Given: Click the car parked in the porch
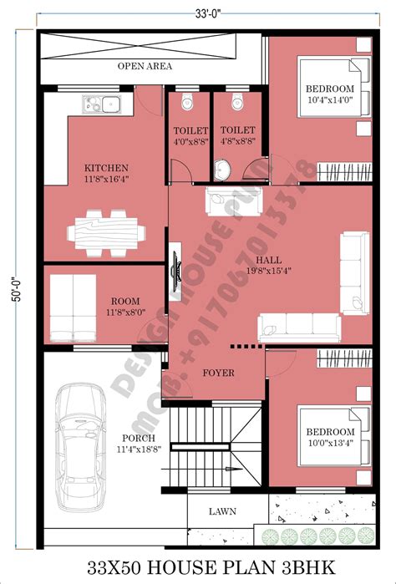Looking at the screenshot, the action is [80, 448].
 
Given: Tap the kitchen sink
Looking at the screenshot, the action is [101, 104].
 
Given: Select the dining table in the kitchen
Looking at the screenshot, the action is [107, 234].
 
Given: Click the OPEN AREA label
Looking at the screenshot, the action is [145, 66].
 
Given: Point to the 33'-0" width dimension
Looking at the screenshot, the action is [208, 13].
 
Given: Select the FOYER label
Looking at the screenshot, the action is [218, 373].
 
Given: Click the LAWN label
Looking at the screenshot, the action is [222, 511].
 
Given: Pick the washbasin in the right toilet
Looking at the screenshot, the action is [223, 170].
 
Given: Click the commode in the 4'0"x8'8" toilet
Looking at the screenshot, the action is [187, 101].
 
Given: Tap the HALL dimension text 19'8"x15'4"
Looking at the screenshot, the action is [268, 271].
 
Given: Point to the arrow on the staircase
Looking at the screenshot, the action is [231, 470].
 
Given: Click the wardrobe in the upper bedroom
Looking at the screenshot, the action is [344, 172].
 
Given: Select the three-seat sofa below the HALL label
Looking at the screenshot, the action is [300, 328].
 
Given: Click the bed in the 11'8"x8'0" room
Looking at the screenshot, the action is [73, 308].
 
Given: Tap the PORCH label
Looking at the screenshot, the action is [139, 439].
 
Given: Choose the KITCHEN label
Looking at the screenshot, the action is [106, 168].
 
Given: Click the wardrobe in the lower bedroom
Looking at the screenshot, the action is [344, 358].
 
